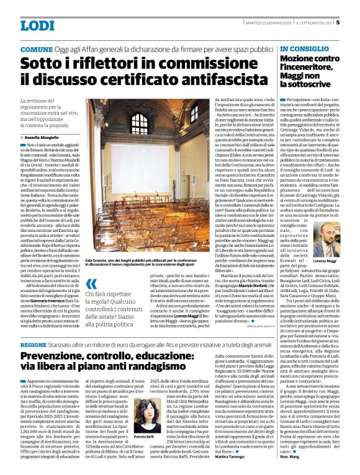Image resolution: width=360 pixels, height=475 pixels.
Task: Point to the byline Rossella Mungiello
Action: [x=41, y=136]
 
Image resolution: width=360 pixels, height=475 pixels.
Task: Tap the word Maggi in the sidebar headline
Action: [x=294, y=75]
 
